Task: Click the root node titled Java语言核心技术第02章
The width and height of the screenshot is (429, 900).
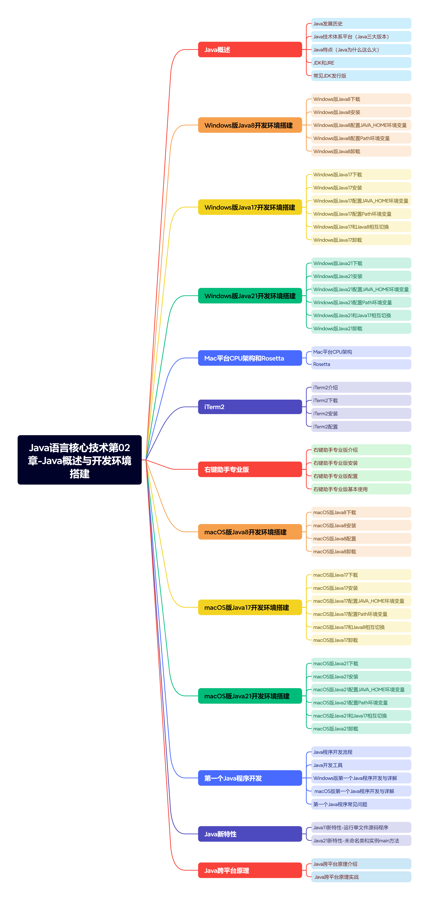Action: [80, 460]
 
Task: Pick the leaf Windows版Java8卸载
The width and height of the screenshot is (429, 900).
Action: [361, 151]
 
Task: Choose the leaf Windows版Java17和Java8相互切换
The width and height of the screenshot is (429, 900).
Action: [361, 227]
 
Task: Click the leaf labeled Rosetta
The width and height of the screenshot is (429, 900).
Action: [361, 364]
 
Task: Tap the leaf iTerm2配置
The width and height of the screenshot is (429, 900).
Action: [361, 427]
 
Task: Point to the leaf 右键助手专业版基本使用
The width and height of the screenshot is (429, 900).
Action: [361, 489]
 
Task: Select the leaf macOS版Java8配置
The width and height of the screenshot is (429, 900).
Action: [361, 538]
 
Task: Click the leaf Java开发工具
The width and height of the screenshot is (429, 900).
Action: [361, 765]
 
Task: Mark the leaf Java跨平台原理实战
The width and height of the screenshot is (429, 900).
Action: [361, 877]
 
